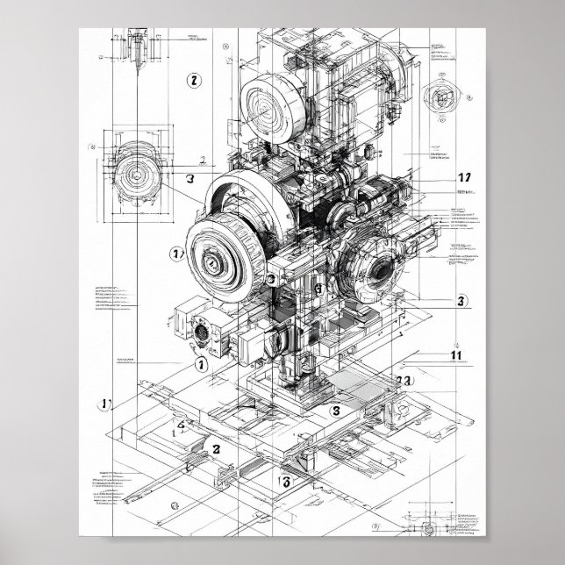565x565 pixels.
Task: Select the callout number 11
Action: (x=455, y=355)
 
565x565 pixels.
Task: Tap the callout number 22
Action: (x=405, y=382)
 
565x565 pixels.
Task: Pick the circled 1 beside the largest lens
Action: (x=175, y=254)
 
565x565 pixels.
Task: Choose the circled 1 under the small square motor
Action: (x=201, y=362)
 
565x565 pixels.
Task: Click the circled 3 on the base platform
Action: (x=334, y=410)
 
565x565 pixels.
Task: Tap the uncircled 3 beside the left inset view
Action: (x=190, y=177)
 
